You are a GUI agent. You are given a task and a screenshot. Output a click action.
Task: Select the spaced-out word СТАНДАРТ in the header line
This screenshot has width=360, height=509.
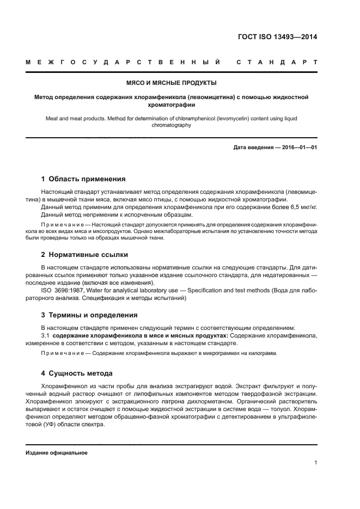pyautogui.click(x=277, y=63)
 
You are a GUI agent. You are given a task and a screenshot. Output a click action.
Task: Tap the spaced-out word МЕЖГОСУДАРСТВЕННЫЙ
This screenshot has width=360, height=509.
pyautogui.click(x=123, y=63)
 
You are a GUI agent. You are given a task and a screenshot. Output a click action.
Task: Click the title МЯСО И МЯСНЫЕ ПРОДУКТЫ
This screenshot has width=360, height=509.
pyautogui.click(x=172, y=83)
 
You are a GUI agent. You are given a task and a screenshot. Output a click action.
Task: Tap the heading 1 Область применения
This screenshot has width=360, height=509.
pyautogui.click(x=83, y=179)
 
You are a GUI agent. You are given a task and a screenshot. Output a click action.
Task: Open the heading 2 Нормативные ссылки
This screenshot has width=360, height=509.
pyautogui.click(x=84, y=254)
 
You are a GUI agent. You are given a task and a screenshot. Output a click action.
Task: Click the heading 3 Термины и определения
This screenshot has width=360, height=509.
pyautogui.click(x=89, y=315)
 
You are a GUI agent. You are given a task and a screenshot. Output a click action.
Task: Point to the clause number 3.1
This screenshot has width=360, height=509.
pyautogui.click(x=45, y=336)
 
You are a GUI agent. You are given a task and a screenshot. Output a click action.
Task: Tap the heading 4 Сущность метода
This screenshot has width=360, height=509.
pyautogui.click(x=77, y=373)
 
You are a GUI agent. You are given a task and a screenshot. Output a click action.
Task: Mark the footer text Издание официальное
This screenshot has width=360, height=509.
pyautogui.click(x=57, y=453)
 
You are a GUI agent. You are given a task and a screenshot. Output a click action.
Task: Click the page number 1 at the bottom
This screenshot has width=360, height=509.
pyautogui.click(x=315, y=463)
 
